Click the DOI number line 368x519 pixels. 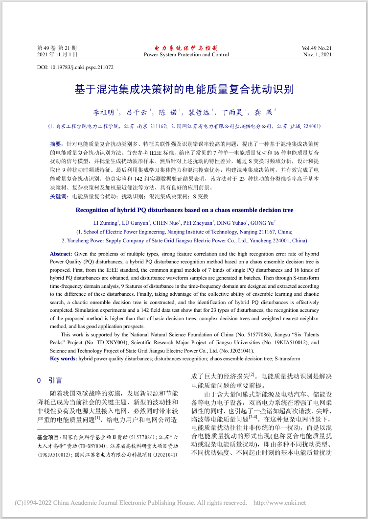pyautogui.click(x=75, y=67)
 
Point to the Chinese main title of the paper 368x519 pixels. pyautogui.click(x=184, y=90)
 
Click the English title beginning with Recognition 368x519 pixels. pyautogui.click(x=184, y=210)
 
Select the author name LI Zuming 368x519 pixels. pyautogui.click(x=106, y=223)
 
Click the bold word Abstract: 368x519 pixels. pyautogui.click(x=61, y=254)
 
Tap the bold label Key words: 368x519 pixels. pyautogui.click(x=63, y=359)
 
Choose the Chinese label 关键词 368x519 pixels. pyautogui.click(x=59, y=196)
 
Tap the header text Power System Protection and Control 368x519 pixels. pyautogui.click(x=186, y=54)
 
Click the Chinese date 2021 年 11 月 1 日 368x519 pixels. pyautogui.click(x=57, y=54)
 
